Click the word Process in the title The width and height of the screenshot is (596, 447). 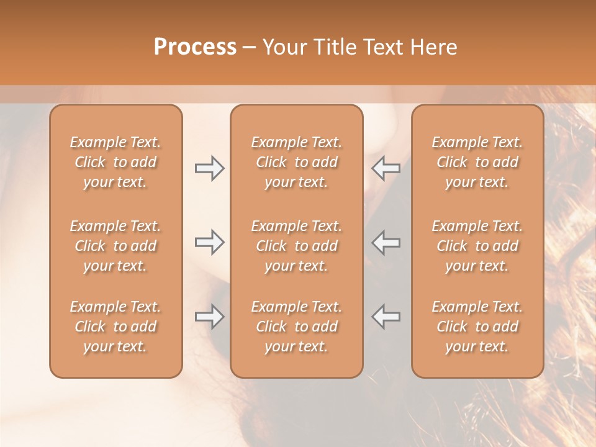point(195,47)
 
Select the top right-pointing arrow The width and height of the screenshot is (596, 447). point(210,168)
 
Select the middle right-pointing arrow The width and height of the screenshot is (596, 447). point(210,242)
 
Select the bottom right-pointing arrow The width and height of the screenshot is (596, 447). point(210,317)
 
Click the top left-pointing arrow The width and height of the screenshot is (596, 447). point(386,168)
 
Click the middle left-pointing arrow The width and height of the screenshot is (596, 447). point(386,242)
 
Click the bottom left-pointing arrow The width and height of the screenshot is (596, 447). point(386,317)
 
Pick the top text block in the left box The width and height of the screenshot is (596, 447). point(115,162)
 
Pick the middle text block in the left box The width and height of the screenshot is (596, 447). point(115,246)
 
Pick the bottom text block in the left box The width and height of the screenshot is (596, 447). point(115,327)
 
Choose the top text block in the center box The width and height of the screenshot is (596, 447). point(296,162)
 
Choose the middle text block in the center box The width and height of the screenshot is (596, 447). point(296,246)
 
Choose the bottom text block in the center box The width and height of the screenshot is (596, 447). point(296,327)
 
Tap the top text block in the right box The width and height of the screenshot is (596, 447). point(477,162)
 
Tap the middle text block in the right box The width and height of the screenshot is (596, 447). point(477,246)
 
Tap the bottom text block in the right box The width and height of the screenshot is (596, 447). point(477,327)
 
